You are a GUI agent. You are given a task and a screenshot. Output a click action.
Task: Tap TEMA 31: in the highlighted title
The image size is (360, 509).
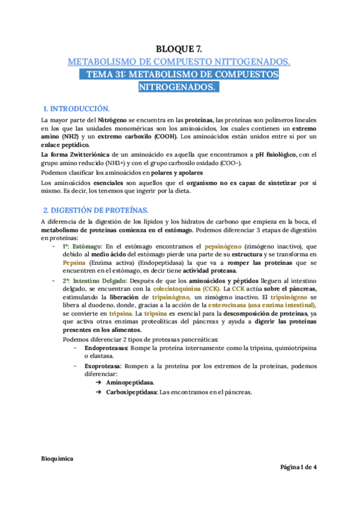[103, 74]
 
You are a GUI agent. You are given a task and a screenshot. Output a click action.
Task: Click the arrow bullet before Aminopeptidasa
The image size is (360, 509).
[97, 382]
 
